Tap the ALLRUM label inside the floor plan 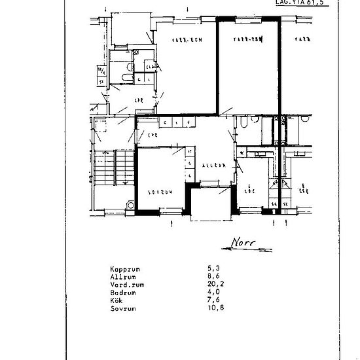pos(213,165)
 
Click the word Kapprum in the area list pos(126,268)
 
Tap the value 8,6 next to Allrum pos(211,275)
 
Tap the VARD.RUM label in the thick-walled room pos(247,41)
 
